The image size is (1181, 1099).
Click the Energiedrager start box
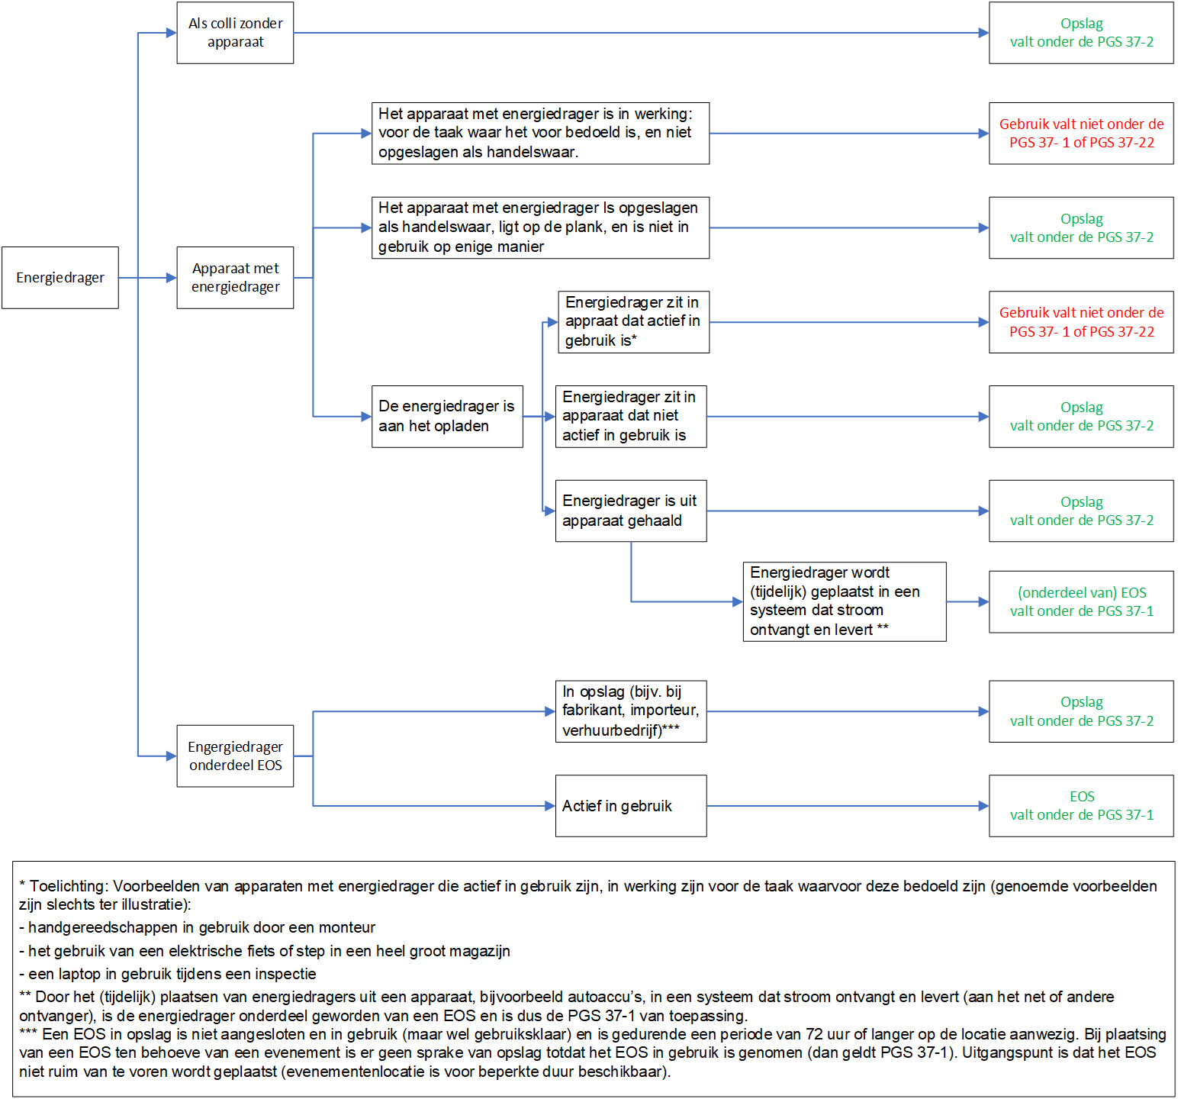[x=60, y=278]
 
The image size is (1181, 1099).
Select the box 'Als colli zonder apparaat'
[x=235, y=33]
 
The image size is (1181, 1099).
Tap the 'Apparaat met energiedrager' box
[x=235, y=278]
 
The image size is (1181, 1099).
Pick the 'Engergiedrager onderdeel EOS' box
[x=235, y=756]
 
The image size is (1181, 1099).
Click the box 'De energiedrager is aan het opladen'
[x=447, y=417]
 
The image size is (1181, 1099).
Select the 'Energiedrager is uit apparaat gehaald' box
[x=630, y=511]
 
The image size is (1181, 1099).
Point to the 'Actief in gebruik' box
[x=630, y=806]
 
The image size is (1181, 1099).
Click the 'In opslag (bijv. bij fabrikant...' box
[x=630, y=711]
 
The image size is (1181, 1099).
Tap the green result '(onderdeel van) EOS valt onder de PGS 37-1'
[x=1081, y=602]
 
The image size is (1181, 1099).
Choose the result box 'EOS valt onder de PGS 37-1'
[x=1081, y=806]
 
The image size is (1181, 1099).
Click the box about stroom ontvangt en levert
[x=844, y=601]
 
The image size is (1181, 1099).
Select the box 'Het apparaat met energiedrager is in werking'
[x=540, y=134]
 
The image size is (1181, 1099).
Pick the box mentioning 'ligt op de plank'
[x=540, y=227]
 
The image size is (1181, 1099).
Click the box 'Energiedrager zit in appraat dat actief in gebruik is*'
[x=633, y=322]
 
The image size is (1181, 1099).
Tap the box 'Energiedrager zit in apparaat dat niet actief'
[x=630, y=417]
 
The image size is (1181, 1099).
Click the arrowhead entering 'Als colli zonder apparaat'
[x=172, y=33]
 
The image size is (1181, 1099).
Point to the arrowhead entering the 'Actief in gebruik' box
[x=550, y=806]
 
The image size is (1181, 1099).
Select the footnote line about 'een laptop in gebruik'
[x=168, y=974]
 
